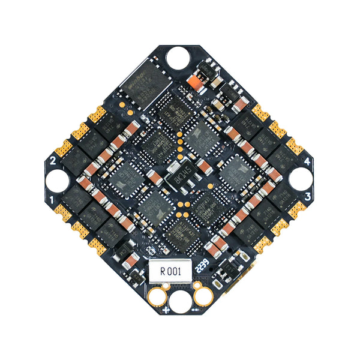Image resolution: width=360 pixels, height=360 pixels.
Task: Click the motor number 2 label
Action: [53, 160]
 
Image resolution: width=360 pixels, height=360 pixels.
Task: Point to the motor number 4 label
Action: [307, 161]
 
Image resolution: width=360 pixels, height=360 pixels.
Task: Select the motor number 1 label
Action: [53, 199]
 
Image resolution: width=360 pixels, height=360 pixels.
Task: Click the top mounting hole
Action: [178, 58]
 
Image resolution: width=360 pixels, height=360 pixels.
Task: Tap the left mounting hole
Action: [58, 179]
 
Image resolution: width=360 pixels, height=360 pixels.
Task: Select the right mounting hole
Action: [301, 178]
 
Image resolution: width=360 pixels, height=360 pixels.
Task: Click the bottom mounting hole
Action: [179, 299]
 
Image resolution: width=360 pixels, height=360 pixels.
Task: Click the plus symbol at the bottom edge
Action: [164, 310]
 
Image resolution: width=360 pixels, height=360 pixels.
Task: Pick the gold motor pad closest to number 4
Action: [295, 146]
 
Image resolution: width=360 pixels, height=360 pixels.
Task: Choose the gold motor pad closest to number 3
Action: [296, 210]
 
